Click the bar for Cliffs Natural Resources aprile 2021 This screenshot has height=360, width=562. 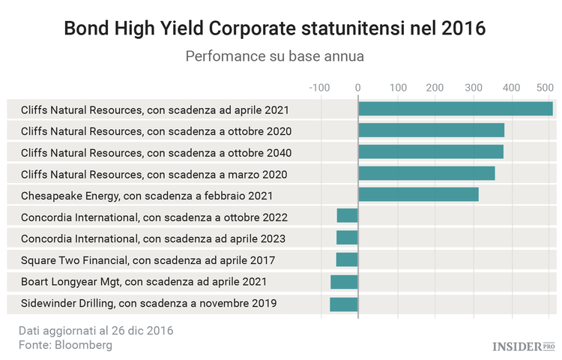coord(455,109)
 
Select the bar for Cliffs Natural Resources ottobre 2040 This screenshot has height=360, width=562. coord(430,153)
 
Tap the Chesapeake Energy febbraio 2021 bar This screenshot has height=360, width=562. coord(418,196)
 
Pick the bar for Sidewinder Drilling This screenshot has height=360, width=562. coord(344,304)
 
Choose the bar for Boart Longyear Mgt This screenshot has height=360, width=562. coord(344,282)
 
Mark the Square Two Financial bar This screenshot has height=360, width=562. coord(347,260)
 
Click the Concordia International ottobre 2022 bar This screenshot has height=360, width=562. coord(347,217)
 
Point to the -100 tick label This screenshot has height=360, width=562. coord(319,88)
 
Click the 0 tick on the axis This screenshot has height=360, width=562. coord(358,88)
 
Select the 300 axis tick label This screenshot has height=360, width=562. coord(473,88)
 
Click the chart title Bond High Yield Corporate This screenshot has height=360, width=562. coord(275,28)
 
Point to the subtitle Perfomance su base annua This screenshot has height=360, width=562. coord(274,57)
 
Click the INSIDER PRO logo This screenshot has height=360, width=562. coord(524,346)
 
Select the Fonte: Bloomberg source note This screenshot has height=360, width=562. coord(65,345)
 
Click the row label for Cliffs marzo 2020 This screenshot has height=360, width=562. coord(154,175)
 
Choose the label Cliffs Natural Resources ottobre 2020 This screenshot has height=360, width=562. coord(156,131)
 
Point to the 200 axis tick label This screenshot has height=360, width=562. coord(435,88)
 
